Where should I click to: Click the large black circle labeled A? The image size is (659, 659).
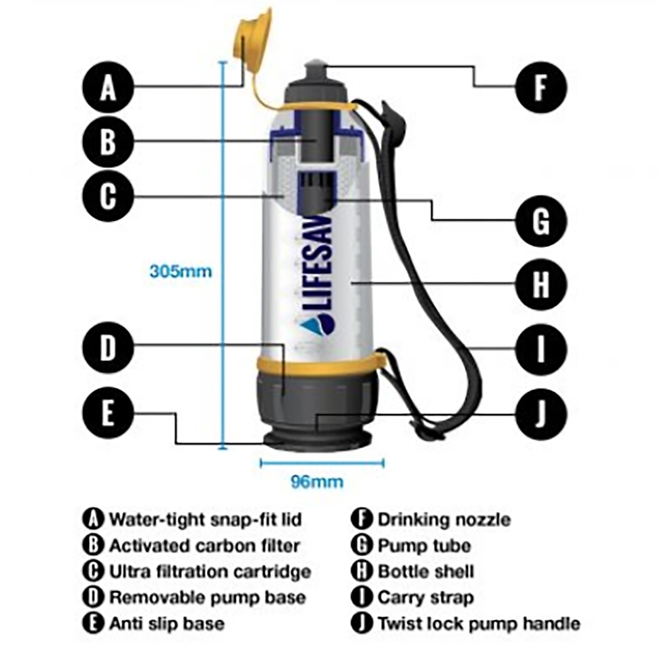point(108,88)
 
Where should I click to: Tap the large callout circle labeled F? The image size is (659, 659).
point(540,88)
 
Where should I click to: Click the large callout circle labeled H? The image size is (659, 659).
point(540,285)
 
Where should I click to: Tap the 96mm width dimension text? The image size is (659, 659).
point(317,482)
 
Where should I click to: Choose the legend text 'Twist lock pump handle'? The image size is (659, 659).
point(478,623)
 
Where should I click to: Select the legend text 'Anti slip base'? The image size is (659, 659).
point(166,623)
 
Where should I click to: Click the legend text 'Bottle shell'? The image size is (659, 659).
point(426,571)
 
